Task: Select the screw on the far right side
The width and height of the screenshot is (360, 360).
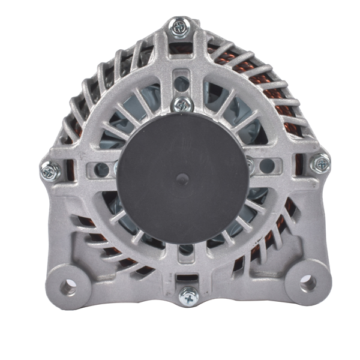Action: [x=320, y=163]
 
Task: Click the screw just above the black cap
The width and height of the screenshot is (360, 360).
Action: [x=182, y=104]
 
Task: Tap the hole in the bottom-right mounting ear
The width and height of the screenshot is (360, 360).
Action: [x=308, y=281]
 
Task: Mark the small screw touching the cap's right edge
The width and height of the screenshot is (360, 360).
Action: [x=250, y=163]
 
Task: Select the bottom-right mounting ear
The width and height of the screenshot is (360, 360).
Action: [x=306, y=281]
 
